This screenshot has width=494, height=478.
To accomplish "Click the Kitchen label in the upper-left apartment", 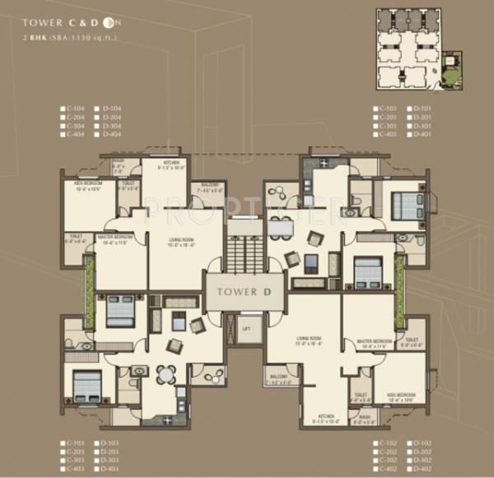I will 171,165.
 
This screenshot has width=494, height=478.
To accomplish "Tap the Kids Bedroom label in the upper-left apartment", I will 86,186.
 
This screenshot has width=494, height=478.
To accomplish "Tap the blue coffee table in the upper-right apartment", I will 311,263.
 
